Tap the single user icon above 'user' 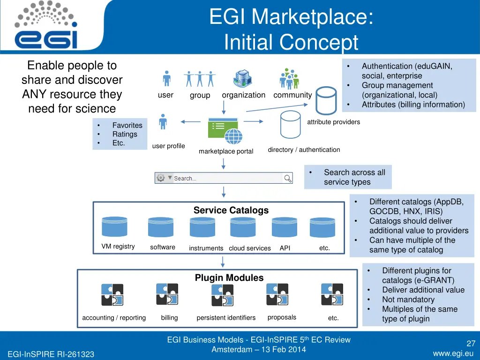click(166, 79)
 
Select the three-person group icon click(200, 79)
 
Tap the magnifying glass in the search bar click(288, 178)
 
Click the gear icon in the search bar click(161, 178)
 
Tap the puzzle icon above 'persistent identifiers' click(223, 295)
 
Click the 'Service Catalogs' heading click(231, 210)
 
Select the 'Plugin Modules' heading click(229, 278)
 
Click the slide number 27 click(471, 344)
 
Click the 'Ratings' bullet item click(125, 134)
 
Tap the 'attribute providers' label click(333, 122)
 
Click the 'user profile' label click(168, 146)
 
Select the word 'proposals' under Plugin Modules click(282, 317)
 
